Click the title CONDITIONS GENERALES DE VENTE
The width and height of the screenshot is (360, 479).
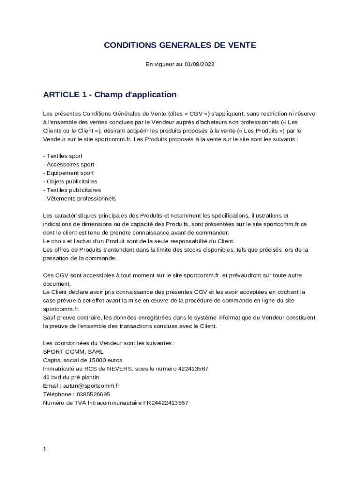(180, 45)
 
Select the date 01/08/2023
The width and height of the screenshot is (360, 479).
(199, 64)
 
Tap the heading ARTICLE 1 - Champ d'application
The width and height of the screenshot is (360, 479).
(110, 94)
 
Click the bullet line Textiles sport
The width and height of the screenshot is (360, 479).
(64, 156)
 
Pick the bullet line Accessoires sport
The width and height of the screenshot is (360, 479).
(70, 164)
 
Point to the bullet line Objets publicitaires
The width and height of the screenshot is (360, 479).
(71, 181)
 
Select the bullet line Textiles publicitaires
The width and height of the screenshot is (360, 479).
(73, 190)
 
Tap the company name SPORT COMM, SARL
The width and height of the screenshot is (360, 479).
(73, 352)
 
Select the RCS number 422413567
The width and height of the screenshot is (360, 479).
(193, 369)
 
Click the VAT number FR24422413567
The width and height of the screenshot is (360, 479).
(166, 403)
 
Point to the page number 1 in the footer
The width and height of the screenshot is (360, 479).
(44, 449)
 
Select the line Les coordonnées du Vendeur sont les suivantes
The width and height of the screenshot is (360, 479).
(108, 343)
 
